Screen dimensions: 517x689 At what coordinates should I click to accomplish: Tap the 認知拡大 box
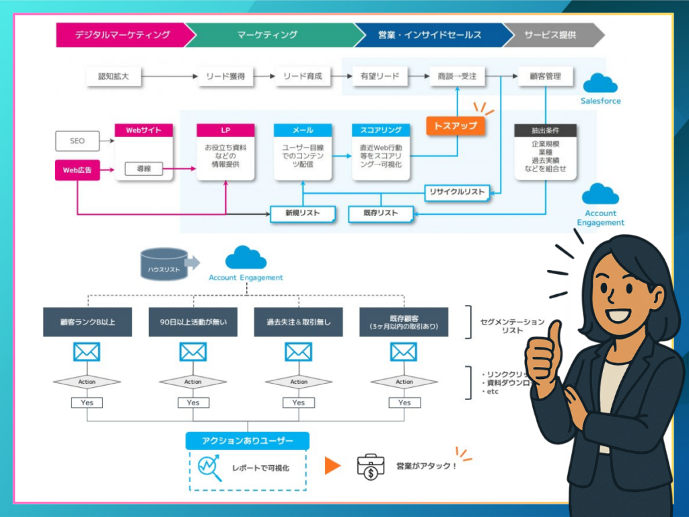click(114, 77)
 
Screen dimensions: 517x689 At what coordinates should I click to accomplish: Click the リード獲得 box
click(225, 77)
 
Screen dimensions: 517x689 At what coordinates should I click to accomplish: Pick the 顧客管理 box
click(545, 77)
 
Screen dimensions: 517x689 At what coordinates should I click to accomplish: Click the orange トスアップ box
click(456, 126)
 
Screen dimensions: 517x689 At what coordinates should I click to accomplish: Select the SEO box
click(77, 141)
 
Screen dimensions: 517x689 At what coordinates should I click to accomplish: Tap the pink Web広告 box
click(77, 170)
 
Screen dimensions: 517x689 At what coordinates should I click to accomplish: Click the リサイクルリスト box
click(457, 193)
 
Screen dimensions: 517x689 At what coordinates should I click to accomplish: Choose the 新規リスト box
click(303, 214)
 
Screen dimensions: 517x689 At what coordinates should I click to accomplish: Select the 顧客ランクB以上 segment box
click(87, 322)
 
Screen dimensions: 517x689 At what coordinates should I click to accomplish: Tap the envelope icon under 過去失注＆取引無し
click(298, 351)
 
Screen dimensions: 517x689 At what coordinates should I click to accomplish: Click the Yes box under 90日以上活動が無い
click(193, 403)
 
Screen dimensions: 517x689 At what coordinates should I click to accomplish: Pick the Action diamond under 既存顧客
click(404, 382)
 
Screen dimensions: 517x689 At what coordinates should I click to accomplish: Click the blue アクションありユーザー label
click(248, 441)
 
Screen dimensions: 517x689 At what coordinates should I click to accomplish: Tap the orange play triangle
click(332, 466)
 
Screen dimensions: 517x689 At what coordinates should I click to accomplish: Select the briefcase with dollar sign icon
click(371, 466)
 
